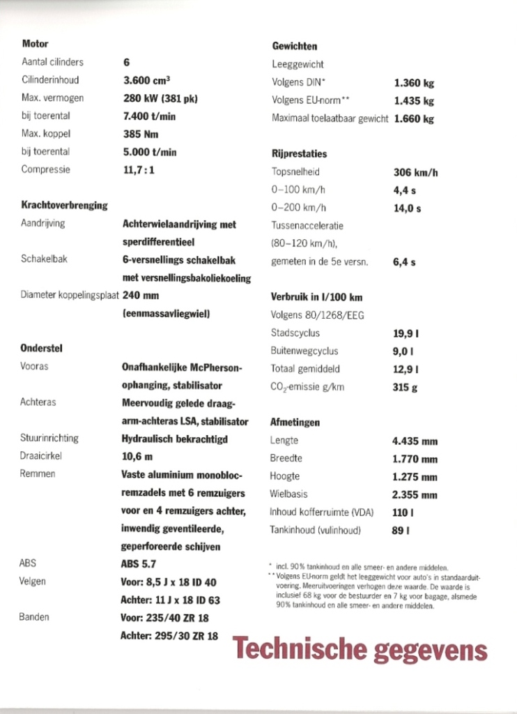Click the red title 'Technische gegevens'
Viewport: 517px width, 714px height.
coord(360,650)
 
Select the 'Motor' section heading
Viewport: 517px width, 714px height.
coord(35,43)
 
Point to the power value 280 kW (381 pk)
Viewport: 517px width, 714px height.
coord(160,98)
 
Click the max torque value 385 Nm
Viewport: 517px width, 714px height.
coord(141,133)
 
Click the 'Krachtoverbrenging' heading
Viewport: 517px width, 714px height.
coord(64,205)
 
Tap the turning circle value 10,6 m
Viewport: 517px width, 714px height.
coord(137,457)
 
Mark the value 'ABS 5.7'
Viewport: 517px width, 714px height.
coord(139,564)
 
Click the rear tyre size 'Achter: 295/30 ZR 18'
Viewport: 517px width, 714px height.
coord(169,635)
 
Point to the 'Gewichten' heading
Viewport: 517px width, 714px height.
coord(294,47)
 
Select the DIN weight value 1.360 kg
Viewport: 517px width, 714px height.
coord(414,82)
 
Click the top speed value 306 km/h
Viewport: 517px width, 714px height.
coord(416,173)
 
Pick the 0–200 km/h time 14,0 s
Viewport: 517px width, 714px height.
coord(407,208)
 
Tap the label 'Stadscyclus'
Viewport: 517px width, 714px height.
coord(295,333)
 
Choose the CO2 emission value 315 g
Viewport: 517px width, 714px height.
coord(405,387)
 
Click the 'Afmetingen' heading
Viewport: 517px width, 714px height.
coord(295,422)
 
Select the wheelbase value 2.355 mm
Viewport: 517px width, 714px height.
coord(415,494)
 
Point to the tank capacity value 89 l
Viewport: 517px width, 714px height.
coord(401,531)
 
